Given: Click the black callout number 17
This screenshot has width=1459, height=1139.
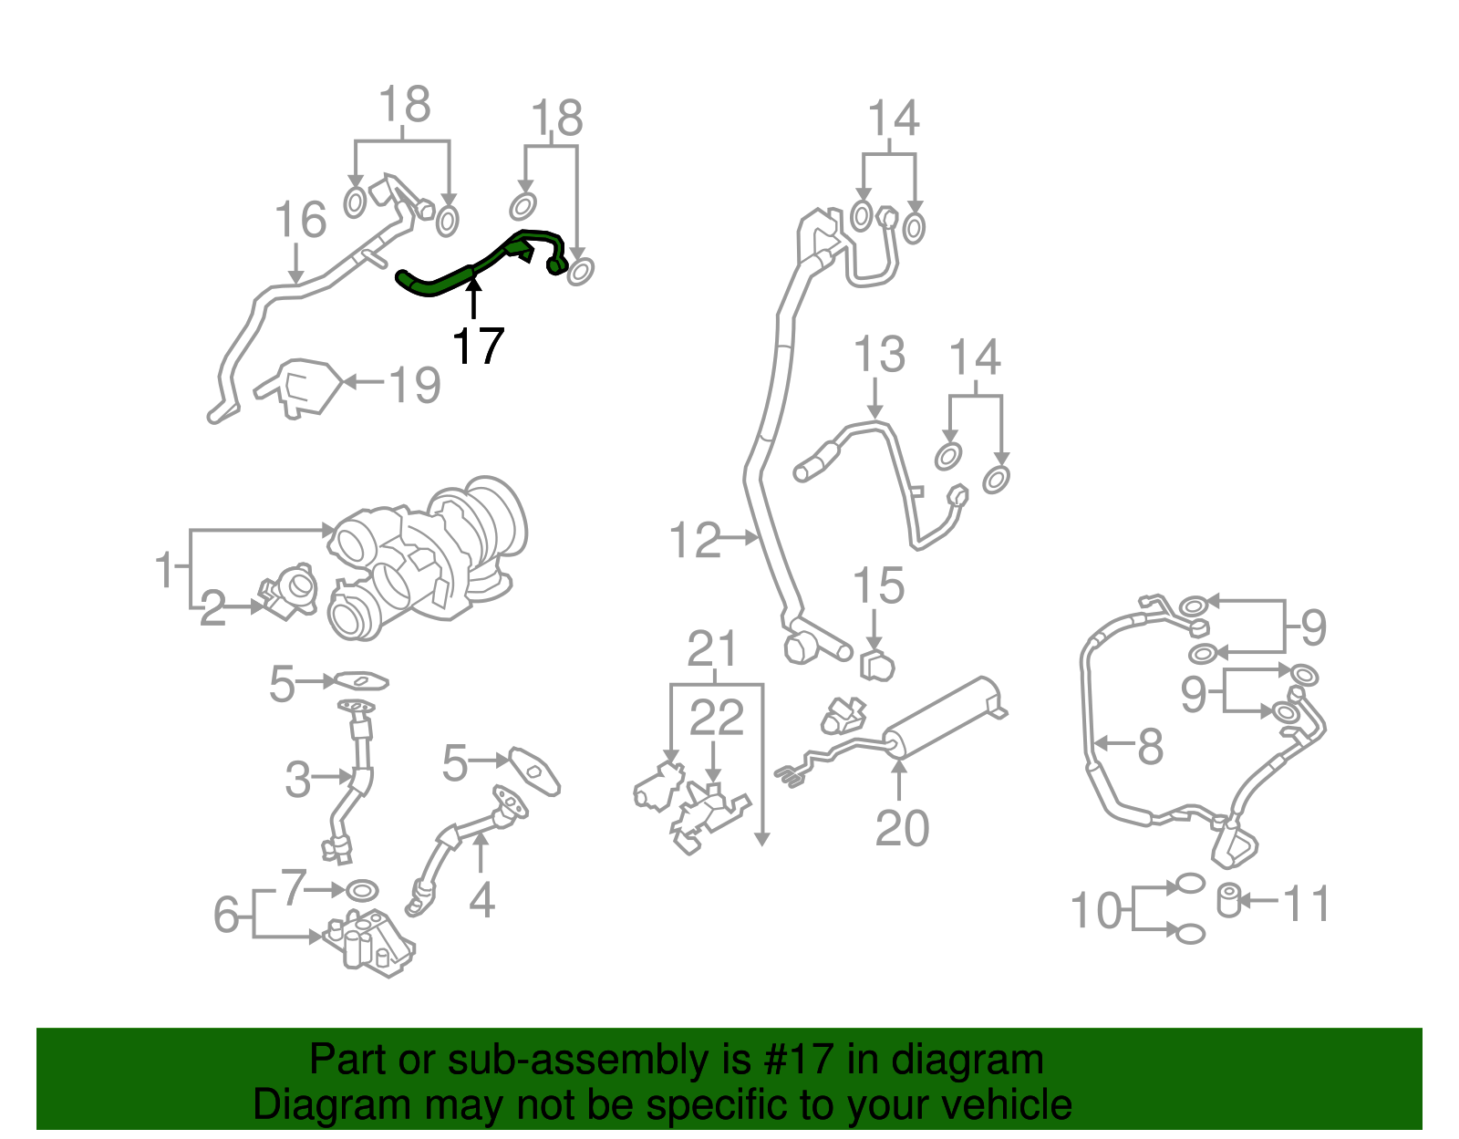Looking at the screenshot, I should pos(478,347).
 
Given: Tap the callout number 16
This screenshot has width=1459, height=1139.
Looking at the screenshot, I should pos(300,221).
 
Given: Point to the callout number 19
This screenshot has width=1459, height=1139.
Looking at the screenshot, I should pos(415,384).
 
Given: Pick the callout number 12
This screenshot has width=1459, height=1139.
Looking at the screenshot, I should pos(695,540).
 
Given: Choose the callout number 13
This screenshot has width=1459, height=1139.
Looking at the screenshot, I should pos(879,355).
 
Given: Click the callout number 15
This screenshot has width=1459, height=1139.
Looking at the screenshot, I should pos(878,586).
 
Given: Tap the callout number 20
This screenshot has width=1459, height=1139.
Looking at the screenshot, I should pos(902,828).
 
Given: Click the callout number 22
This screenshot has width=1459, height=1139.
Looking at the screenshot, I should pos(717,718).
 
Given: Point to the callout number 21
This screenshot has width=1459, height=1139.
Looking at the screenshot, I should pos(712,649).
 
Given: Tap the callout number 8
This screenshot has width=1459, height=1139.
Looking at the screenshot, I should pos(1150,746).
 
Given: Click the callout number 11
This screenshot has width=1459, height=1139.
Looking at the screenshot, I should pos(1306,904).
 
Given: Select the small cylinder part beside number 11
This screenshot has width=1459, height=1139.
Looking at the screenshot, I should pos(1229,901).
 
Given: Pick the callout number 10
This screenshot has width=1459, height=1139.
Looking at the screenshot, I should pos(1096,910).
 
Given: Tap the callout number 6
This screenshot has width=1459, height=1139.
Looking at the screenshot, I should pos(227,914).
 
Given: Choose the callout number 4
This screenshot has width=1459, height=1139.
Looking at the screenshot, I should pos(481,900).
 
